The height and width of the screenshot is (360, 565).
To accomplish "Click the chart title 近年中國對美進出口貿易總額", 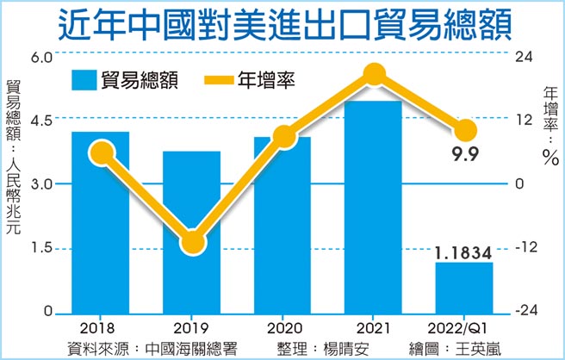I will [282, 24].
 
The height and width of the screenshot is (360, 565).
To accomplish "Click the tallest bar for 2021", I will [373, 207].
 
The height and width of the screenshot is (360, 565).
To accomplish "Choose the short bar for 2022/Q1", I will [464, 289].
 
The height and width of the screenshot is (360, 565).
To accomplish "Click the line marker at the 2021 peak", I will [373, 76].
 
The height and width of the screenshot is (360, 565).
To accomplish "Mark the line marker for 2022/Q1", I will [464, 130].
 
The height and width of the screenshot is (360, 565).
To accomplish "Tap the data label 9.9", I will [465, 155].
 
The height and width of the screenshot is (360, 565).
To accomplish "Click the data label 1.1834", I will [463, 252].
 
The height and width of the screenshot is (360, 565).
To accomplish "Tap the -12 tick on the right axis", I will [525, 248].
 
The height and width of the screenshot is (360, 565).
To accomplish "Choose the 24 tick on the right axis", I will [523, 57].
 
